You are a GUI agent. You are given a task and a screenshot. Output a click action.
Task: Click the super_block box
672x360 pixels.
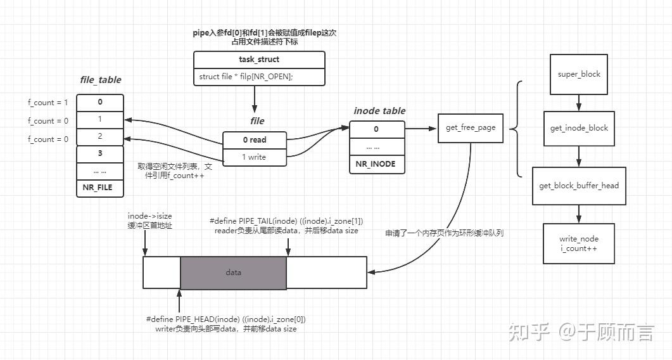[578, 74]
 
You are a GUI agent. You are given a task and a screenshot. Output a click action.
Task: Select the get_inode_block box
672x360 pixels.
[578, 128]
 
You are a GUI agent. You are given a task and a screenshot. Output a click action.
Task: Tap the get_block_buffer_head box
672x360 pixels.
[579, 186]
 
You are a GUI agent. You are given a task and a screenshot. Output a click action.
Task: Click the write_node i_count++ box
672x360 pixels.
[578, 243]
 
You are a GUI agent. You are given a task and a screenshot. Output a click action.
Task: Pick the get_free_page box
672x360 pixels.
[470, 127]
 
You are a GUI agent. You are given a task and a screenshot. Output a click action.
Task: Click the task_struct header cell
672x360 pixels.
[259, 60]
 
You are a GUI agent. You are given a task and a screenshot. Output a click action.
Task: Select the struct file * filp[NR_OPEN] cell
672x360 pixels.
[259, 77]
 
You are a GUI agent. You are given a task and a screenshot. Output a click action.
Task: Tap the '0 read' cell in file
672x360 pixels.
[254, 139]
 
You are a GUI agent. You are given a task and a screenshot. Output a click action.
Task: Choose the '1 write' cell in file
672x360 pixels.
[254, 157]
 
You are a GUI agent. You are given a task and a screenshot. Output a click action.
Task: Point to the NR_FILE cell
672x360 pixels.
[100, 188]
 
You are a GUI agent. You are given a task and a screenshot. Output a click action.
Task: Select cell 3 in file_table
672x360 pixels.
[100, 154]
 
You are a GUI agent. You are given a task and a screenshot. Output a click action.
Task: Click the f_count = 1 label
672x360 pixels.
[48, 103]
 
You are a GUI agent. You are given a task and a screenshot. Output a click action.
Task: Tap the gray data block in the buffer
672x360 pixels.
[234, 273]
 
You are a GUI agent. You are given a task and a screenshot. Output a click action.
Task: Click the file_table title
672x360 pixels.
[100, 80]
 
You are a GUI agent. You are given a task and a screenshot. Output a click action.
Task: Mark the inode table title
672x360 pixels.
[379, 111]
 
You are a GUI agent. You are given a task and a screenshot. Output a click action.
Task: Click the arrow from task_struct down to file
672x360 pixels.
[254, 98]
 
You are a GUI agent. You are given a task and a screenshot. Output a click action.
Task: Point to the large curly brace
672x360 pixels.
[516, 129]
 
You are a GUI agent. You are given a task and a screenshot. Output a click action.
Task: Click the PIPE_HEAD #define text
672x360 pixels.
[225, 319]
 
